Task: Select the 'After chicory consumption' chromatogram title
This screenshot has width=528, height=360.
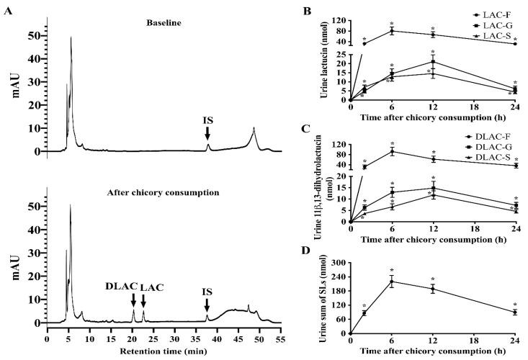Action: point(173,193)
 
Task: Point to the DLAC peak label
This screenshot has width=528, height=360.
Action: point(126,286)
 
